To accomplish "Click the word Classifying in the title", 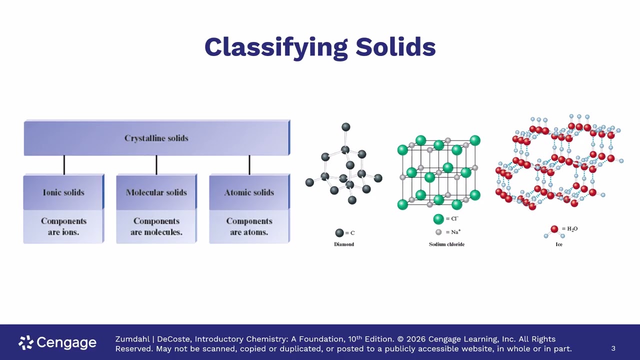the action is tap(276, 47).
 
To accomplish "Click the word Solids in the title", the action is tap(395, 47).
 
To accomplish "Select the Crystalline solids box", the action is tap(157, 138).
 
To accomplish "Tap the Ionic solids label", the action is tap(63, 192).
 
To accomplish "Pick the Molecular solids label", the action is tap(156, 192).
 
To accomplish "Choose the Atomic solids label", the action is tap(249, 192).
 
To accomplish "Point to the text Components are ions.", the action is tap(63, 226).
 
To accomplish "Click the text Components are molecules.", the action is tap(156, 226).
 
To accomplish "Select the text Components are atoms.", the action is tap(249, 226).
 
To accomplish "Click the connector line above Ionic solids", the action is tap(64, 165).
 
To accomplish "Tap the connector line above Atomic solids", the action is tap(249, 165).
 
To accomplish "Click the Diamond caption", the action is tap(344, 244).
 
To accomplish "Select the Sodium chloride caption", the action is tap(446, 244).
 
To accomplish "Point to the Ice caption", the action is tap(559, 244).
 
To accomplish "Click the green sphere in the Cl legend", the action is tap(438, 219).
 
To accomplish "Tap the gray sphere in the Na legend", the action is tap(438, 232).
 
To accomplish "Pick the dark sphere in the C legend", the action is tap(339, 233).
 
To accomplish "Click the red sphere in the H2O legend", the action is tap(554, 229).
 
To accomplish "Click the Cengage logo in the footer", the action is tap(57, 342).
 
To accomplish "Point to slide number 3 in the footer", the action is tap(613, 348).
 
